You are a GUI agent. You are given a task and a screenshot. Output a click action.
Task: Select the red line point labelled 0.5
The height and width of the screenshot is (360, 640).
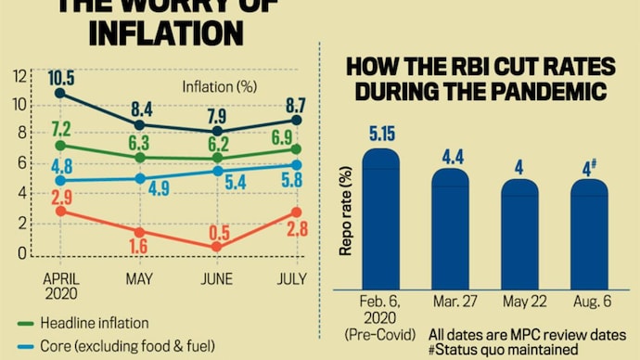216,247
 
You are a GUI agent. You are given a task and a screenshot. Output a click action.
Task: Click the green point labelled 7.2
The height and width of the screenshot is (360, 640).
61,146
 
